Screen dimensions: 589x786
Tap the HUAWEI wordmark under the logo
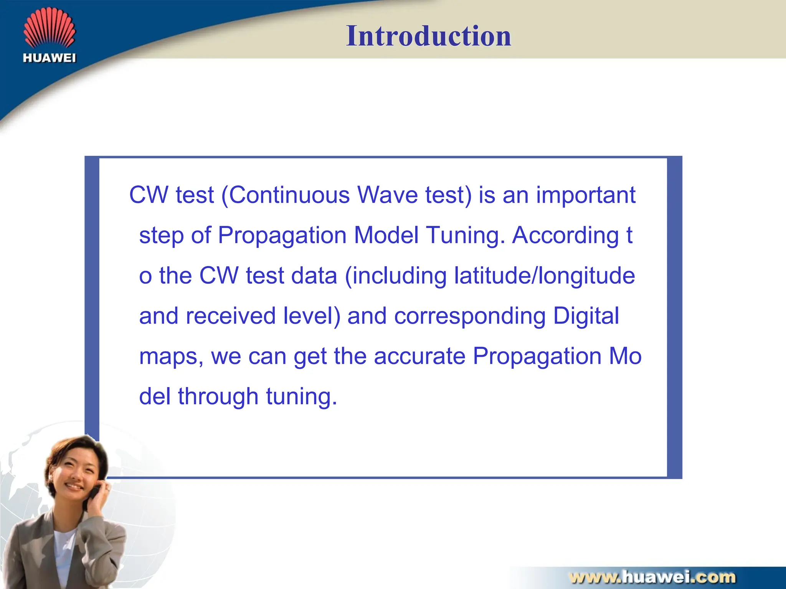pyautogui.click(x=50, y=58)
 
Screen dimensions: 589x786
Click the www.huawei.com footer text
pyautogui.click(x=652, y=577)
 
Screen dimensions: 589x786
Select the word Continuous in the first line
pyautogui.click(x=290, y=195)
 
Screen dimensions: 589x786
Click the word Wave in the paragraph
pyautogui.click(x=388, y=195)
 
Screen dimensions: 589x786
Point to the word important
pyautogui.click(x=586, y=195)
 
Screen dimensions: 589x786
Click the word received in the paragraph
pyautogui.click(x=230, y=316)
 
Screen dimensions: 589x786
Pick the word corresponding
pyautogui.click(x=470, y=316)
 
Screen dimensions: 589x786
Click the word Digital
pyautogui.click(x=586, y=316)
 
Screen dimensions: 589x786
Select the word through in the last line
pyautogui.click(x=218, y=396)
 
